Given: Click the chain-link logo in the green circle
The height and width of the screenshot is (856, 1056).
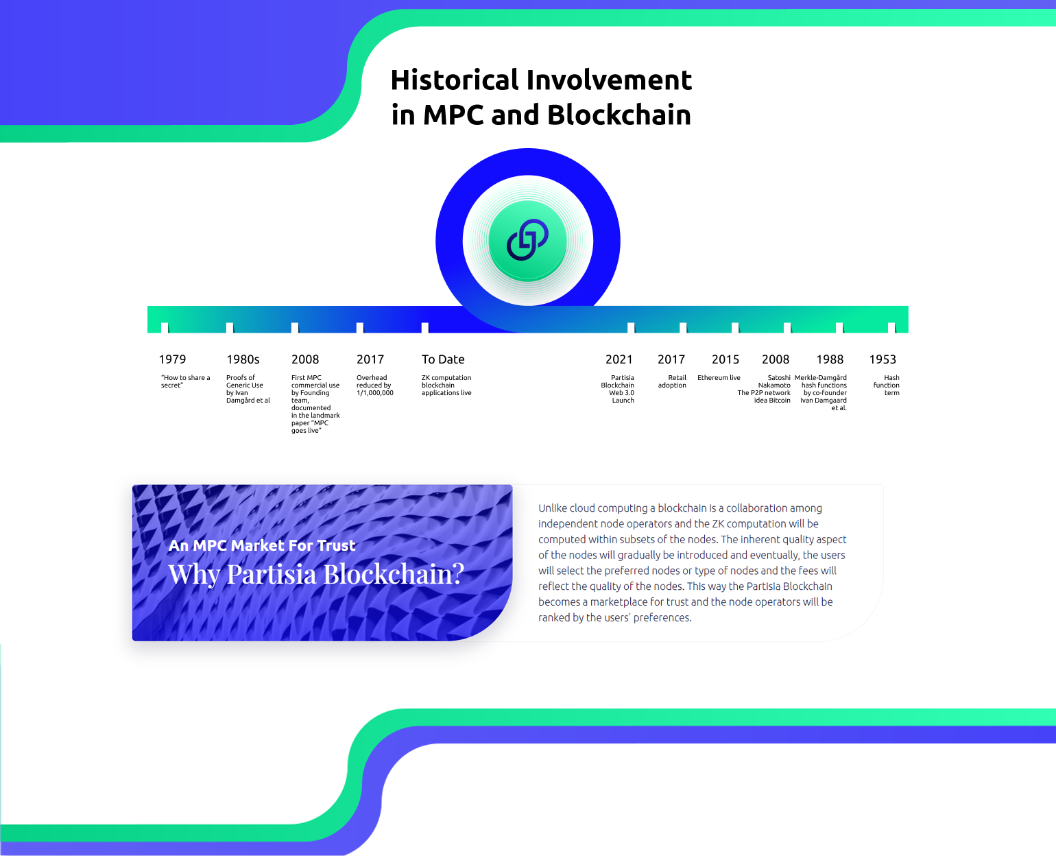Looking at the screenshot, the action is point(527,239).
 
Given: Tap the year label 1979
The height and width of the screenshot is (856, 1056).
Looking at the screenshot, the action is point(172,359).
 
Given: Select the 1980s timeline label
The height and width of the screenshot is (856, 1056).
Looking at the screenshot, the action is point(243,359).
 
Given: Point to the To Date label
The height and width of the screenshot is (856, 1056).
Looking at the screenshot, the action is point(443,359).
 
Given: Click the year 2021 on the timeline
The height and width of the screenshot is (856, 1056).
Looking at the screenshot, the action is point(619,359).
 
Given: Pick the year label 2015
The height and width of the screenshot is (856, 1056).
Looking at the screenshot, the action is point(725,359).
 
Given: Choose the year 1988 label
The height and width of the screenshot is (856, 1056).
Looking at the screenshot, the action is point(830,359).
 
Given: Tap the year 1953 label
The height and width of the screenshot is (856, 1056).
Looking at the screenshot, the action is point(883,359).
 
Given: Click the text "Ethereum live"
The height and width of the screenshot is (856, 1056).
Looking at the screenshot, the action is point(719,377).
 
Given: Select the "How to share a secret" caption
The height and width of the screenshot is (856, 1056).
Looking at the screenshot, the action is point(185,381).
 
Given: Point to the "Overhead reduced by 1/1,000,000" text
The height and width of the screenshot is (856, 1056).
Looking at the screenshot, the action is point(375,385).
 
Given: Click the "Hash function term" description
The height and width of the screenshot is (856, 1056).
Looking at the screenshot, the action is point(887,385).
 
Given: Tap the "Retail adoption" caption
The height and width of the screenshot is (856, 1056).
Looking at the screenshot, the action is point(672,381).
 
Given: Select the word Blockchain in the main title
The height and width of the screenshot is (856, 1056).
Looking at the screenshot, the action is point(619,115).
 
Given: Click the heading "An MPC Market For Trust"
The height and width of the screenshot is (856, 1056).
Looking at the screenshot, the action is point(262,545).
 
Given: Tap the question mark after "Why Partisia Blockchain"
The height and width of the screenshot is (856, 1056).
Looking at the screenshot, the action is point(457,573).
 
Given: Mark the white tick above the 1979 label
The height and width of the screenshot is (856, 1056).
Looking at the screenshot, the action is point(165,327).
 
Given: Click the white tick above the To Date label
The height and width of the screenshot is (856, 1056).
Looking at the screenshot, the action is point(425,327).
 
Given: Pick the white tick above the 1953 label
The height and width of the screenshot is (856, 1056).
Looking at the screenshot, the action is point(891,327).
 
